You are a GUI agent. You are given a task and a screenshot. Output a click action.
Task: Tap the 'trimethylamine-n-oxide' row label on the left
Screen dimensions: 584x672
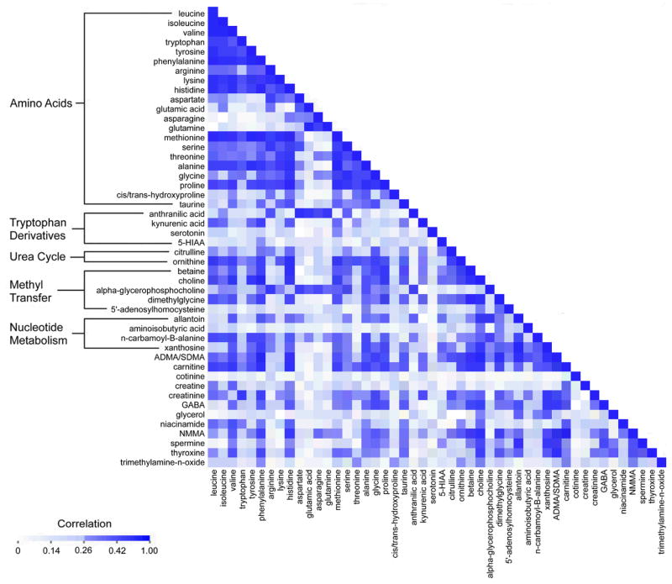tap(155, 462)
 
